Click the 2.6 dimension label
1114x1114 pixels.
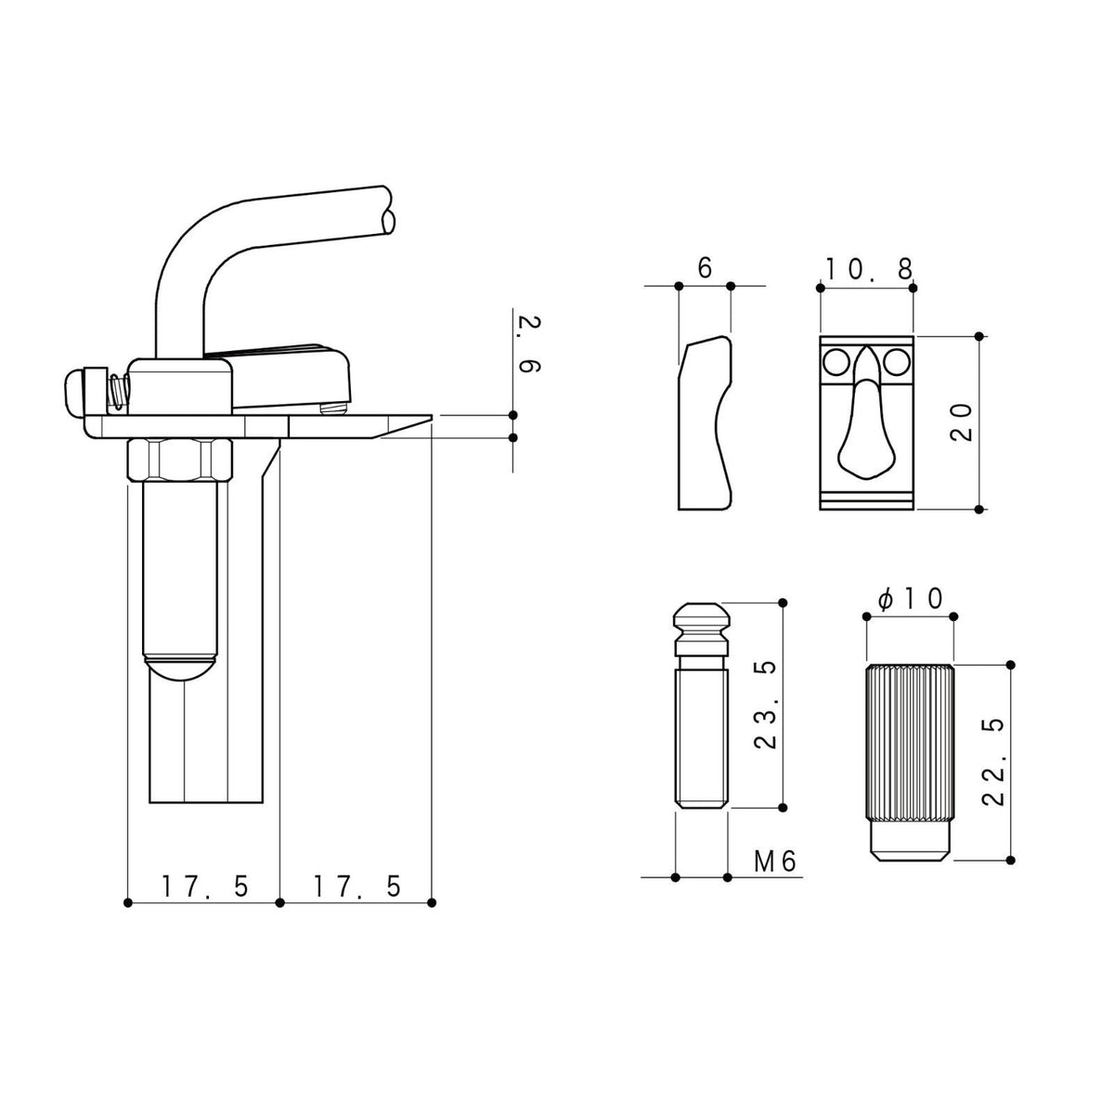point(529,344)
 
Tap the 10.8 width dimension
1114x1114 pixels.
point(868,269)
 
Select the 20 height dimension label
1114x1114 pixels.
point(961,422)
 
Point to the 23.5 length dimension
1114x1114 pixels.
point(765,705)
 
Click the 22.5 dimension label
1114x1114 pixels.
point(993,762)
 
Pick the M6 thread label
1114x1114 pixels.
point(775,861)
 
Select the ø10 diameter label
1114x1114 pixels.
point(911,600)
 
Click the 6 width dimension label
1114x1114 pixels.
point(705,268)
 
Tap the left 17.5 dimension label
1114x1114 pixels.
point(204,887)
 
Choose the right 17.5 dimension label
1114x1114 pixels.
point(357,887)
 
